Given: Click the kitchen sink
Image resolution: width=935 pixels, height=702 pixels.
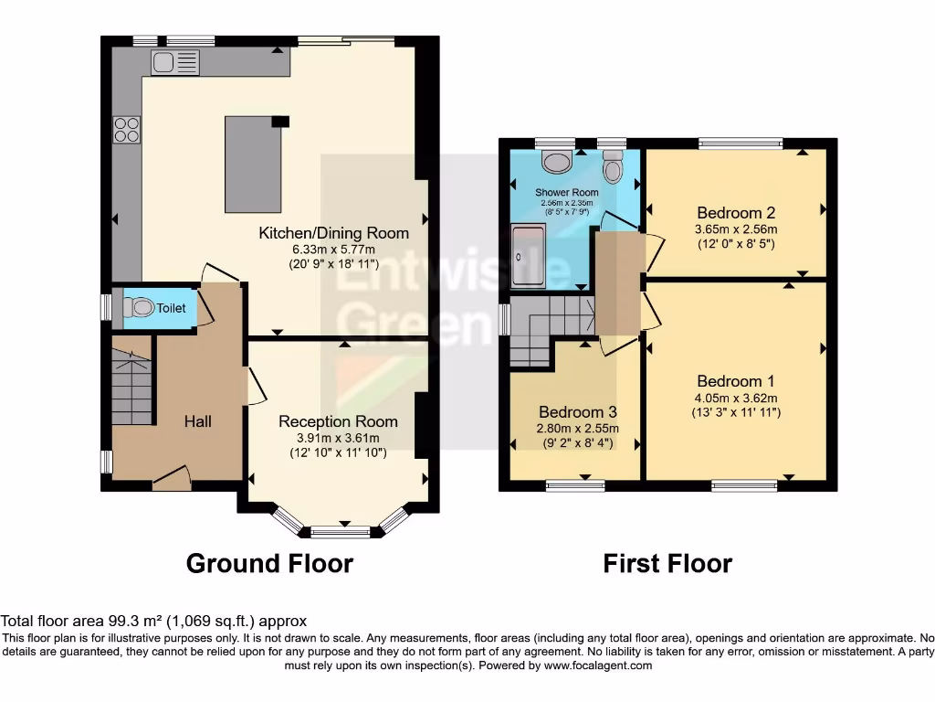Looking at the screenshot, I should [x=174, y=62].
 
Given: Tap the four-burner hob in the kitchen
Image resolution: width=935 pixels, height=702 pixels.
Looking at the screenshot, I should [x=127, y=130].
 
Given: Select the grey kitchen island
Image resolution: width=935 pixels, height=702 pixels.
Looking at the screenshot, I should [x=253, y=164].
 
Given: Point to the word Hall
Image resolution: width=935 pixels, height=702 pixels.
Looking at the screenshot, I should [x=198, y=421].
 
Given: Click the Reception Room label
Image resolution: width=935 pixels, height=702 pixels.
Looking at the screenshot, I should [x=338, y=421].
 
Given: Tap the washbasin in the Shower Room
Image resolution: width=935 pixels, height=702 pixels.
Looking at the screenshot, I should [x=555, y=162].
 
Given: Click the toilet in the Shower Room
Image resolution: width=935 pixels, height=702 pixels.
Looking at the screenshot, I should [x=613, y=167].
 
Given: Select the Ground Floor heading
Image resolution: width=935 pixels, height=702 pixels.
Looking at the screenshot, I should [x=269, y=563].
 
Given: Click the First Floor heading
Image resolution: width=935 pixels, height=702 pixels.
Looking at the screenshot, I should [x=667, y=563].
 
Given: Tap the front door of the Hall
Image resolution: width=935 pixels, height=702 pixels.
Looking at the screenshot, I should [x=173, y=478].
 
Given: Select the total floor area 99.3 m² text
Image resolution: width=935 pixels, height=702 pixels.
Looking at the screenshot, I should [x=153, y=621].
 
